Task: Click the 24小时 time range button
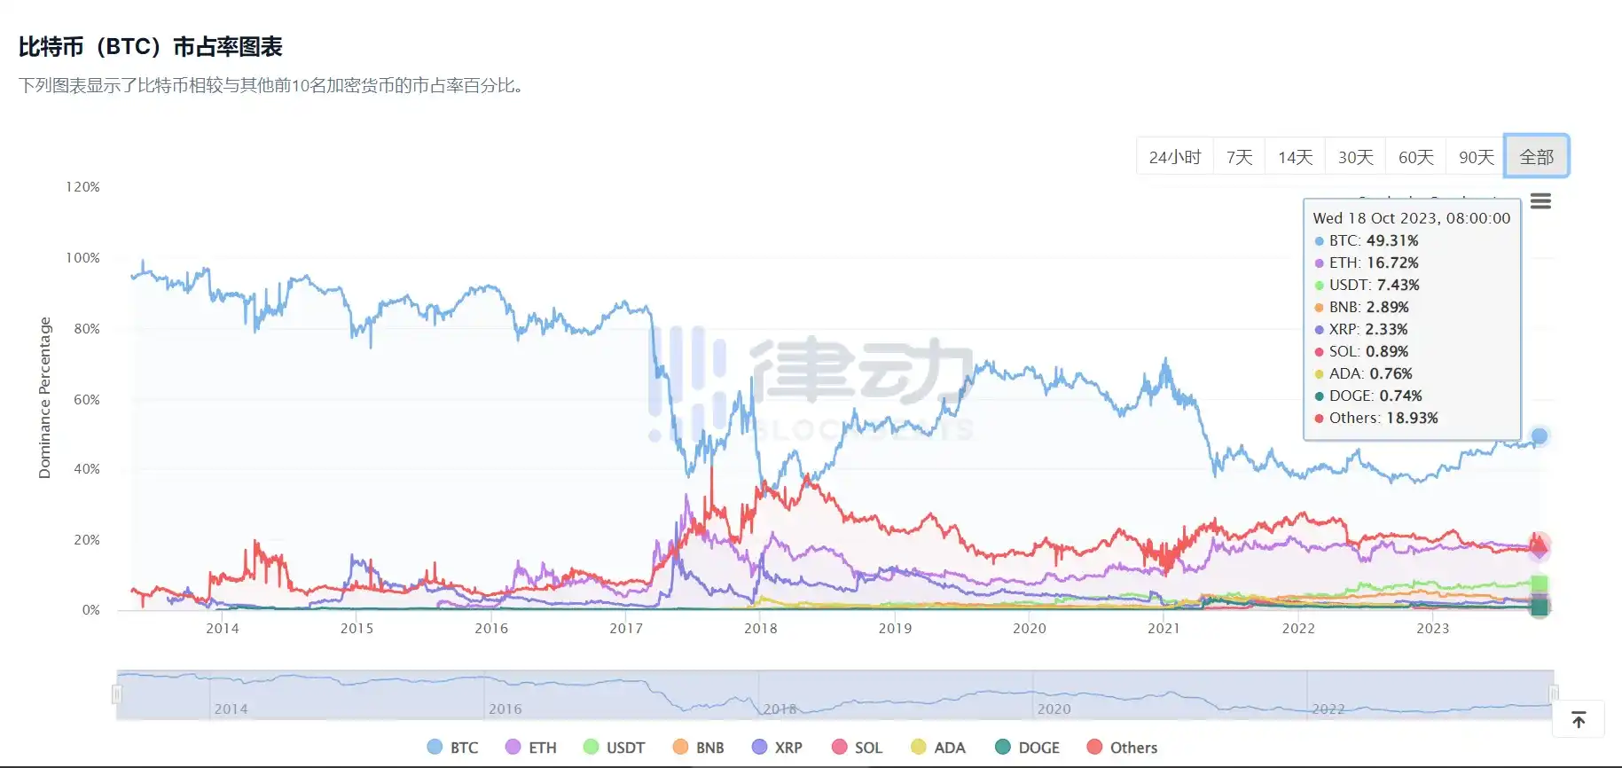1174,157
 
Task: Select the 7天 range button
1239,157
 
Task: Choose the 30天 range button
1355,157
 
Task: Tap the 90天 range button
1476,157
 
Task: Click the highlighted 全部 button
1536,157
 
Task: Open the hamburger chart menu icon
1540,201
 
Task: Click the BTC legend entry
453,748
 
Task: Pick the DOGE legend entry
1028,748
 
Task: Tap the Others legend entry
1122,748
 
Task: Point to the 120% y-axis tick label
82,187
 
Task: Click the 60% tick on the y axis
87,400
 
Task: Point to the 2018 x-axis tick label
760,629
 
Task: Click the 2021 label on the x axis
1164,629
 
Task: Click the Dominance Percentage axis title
45,398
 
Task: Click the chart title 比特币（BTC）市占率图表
151,47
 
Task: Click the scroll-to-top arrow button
1579,719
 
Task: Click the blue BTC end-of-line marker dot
1540,436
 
